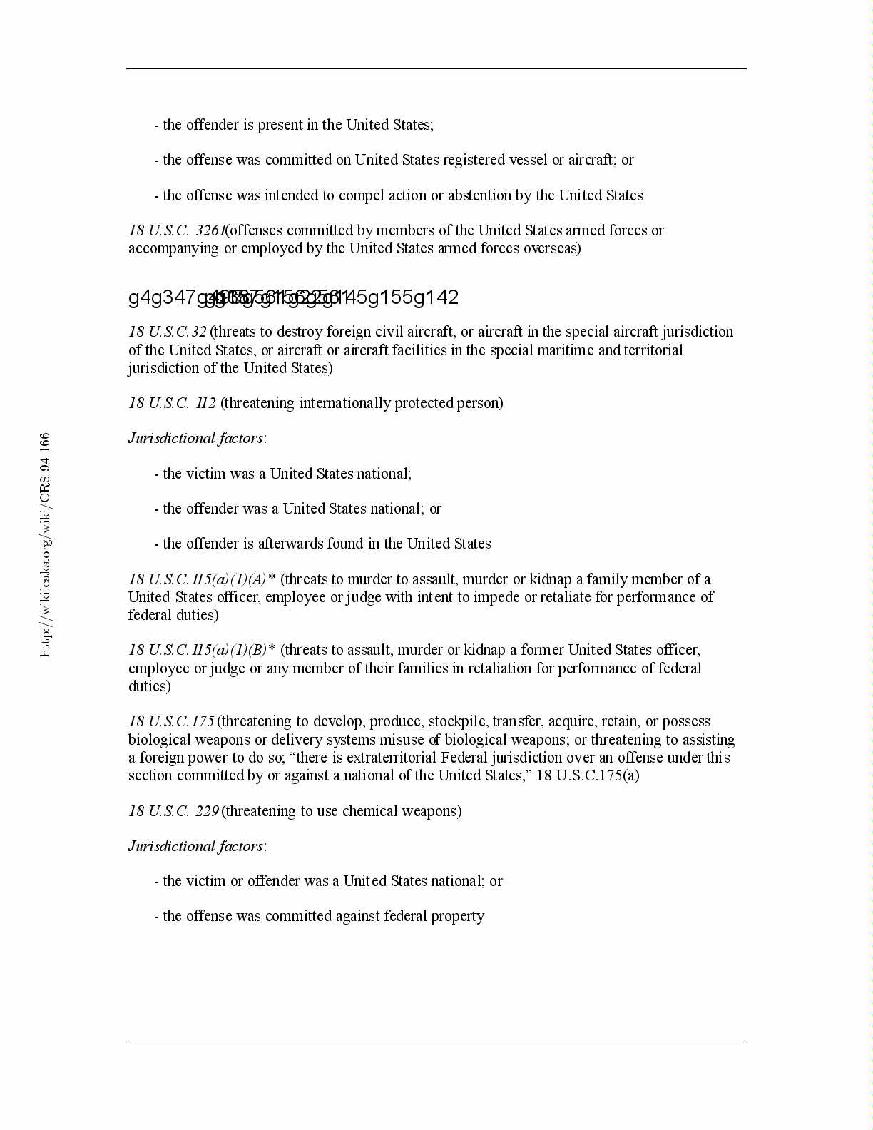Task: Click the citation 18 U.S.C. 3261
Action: pos(177,230)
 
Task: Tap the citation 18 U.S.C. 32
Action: pos(168,332)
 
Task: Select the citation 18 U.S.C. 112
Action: pos(172,403)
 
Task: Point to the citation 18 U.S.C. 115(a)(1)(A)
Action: pos(198,579)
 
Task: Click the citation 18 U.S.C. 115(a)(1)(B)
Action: pos(198,650)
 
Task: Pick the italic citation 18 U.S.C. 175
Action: pos(171,721)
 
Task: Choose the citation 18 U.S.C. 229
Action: pos(173,811)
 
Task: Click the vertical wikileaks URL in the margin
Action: pos(45,544)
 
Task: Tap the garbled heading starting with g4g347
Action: pos(293,297)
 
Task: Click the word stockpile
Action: pos(457,721)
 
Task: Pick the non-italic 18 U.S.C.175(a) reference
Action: pos(587,775)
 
